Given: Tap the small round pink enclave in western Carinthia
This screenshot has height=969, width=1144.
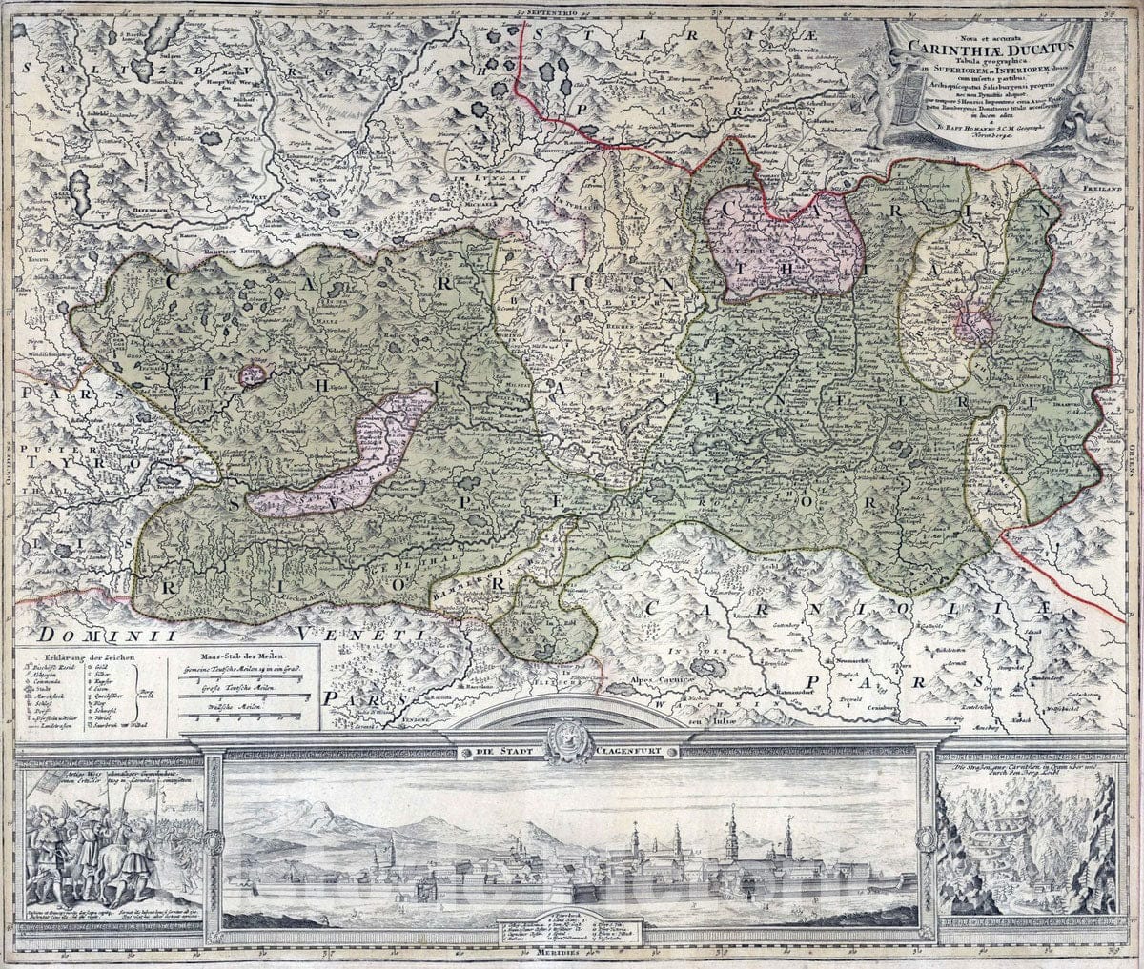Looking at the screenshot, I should pyautogui.click(x=253, y=375).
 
